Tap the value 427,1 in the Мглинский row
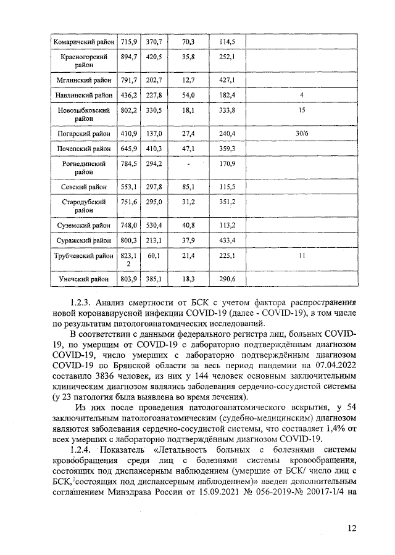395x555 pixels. coord(228,80)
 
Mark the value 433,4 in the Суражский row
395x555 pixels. coord(228,240)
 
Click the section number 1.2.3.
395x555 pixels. coord(80,303)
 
